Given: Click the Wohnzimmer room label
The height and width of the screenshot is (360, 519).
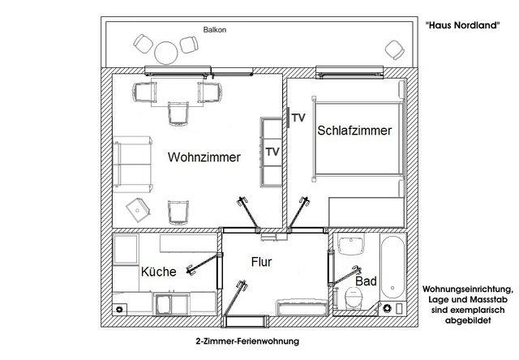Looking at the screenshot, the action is click(204, 156).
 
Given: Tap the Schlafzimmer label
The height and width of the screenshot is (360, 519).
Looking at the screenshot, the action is click(354, 131).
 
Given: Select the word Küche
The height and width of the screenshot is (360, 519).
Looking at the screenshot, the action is click(159, 272).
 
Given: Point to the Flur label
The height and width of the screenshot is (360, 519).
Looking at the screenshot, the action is click(261, 262).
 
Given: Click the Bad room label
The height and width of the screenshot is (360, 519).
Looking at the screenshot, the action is click(366, 281).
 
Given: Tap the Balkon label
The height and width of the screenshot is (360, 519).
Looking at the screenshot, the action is click(215, 30).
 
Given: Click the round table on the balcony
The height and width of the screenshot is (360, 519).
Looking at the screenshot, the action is click(165, 52).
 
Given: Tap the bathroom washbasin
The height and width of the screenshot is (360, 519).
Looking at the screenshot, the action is click(351, 244).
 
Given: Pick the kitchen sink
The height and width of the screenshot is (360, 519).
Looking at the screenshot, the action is click(164, 304).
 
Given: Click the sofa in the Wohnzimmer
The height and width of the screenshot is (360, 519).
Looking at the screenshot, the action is click(133, 164).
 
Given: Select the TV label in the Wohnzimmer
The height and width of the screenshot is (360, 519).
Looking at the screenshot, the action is click(272, 152).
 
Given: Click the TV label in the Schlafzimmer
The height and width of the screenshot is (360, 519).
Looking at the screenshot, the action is click(298, 118).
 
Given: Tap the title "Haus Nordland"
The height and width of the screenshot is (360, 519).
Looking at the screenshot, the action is click(462, 25).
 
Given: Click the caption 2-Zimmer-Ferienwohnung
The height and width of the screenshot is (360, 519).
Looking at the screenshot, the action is click(247, 341).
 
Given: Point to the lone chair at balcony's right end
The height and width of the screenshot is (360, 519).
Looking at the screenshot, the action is click(395, 50).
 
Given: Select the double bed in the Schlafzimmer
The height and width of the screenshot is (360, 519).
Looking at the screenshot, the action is click(358, 139).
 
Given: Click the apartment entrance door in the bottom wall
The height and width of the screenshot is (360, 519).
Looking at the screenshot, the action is click(245, 321).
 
